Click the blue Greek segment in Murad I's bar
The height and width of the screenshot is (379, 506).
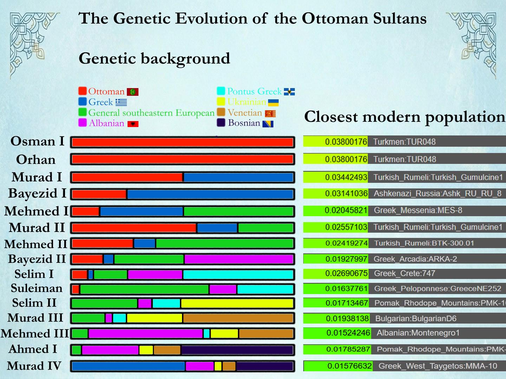click(238, 177)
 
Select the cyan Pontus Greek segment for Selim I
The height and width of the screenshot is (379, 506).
click(238, 274)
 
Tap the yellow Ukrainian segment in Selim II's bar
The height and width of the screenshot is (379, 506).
click(237, 303)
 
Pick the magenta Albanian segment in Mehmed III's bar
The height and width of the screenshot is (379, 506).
click(145, 333)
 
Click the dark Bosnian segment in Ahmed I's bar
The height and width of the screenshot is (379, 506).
click(237, 350)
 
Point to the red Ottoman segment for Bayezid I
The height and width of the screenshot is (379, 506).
click(99, 194)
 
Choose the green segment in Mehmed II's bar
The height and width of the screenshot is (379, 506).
click(224, 243)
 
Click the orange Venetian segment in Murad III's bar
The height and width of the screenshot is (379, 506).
click(238, 318)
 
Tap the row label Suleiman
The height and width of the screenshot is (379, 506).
click(37, 288)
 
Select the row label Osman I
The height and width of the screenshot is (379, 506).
click(37, 141)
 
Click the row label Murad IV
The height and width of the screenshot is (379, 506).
click(34, 366)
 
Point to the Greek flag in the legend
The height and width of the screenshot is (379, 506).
click(121, 102)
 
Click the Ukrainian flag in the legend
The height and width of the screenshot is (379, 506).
click(273, 102)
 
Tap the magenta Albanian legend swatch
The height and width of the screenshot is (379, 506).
click(83, 123)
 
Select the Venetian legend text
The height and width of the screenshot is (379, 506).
click(245, 113)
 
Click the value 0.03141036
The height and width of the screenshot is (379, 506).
click(346, 193)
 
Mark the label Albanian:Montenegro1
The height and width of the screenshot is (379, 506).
click(418, 333)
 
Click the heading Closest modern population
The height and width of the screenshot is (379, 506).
click(404, 117)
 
